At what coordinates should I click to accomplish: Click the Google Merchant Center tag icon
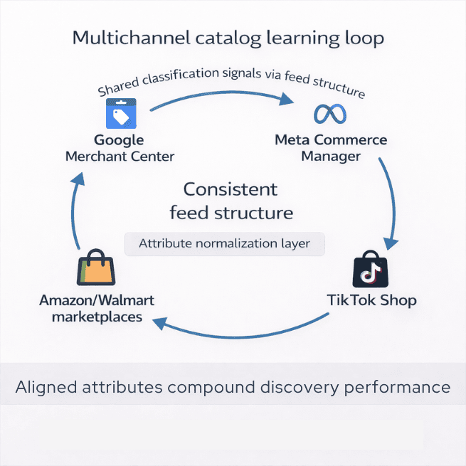click(x=120, y=113)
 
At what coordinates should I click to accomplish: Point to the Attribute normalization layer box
click(x=224, y=243)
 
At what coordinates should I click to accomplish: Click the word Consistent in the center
click(x=231, y=190)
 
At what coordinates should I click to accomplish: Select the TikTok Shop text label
click(x=371, y=300)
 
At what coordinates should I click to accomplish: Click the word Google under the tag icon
click(x=119, y=139)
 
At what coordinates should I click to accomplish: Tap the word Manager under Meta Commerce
click(x=331, y=156)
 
